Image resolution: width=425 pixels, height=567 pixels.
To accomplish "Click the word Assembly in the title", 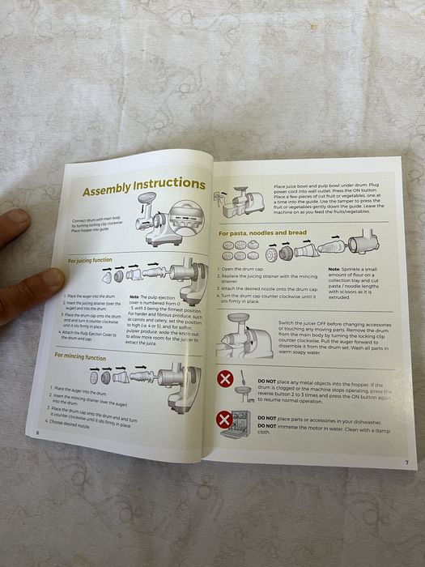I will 111,191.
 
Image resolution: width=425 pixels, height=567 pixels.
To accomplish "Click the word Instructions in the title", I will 172,186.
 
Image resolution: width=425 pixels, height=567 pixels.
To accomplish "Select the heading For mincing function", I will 80,356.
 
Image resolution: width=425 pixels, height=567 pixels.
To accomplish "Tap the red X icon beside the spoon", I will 226,378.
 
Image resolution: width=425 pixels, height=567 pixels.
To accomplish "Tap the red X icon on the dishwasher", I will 224,420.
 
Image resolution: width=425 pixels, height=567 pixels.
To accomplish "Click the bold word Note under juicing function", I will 134,298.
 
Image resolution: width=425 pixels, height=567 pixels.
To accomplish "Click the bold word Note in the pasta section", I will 334,270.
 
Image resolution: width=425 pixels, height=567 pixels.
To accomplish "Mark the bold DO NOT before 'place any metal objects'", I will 267,380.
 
